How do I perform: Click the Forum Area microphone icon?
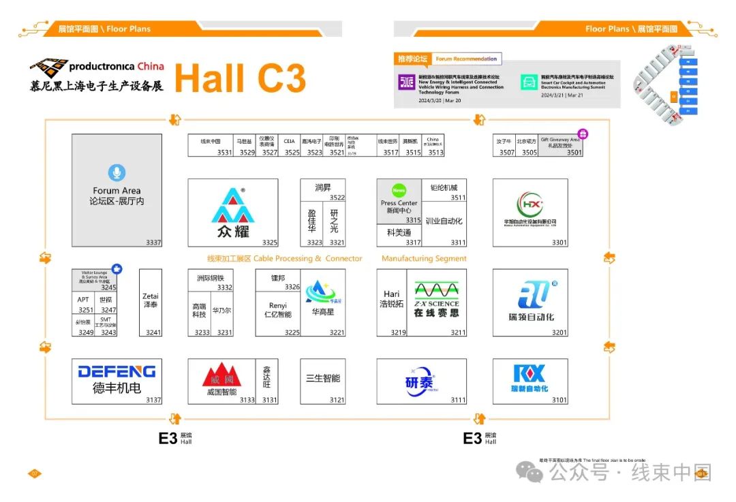[x=117, y=173]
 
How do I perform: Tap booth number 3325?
[x=269, y=242]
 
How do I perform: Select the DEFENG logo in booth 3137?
[x=117, y=371]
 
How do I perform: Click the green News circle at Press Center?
[x=399, y=190]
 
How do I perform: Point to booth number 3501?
[x=574, y=153]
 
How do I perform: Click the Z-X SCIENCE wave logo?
[x=436, y=289]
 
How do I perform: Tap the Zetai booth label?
[x=151, y=300]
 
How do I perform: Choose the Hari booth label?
[x=391, y=299]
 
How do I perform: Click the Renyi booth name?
[x=278, y=310]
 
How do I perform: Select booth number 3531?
[x=224, y=153]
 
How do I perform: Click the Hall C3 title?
[x=240, y=78]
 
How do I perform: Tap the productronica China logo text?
[x=116, y=66]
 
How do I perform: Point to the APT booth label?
[x=83, y=300]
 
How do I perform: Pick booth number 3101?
[x=559, y=400]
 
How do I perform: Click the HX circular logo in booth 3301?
[x=530, y=205]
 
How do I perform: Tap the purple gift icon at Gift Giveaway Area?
[x=583, y=134]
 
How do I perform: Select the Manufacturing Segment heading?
[x=424, y=259]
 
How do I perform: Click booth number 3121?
[x=337, y=400]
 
